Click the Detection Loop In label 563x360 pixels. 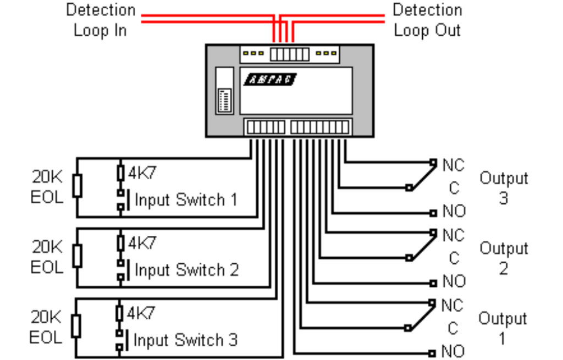point(101,20)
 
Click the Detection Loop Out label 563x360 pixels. point(427,20)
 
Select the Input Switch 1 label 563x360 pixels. point(186,200)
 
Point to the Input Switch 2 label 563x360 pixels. point(186,270)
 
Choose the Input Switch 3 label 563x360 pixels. point(185,340)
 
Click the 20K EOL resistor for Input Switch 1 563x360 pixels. point(77,186)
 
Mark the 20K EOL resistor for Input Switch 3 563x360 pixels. point(76,326)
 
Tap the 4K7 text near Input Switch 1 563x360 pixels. point(142,173)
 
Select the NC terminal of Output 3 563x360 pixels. point(433,163)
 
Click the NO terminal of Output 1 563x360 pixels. point(433,352)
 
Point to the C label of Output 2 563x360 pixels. point(454,258)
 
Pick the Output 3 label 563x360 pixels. point(504,187)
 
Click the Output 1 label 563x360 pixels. point(503,328)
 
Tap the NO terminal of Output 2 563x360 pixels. point(433,283)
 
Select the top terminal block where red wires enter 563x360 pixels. point(289,54)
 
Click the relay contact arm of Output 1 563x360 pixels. point(421,315)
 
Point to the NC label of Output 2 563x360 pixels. point(453,235)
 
